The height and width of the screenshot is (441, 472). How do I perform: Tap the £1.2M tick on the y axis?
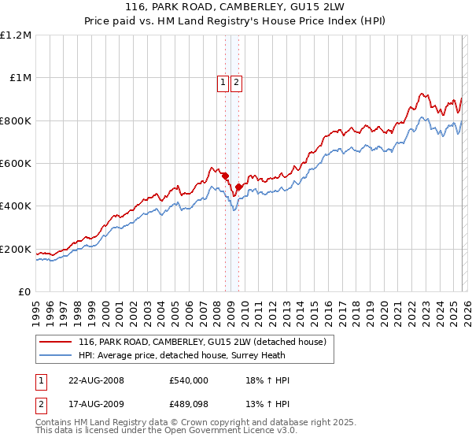tap(16, 35)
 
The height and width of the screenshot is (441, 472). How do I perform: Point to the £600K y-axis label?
tap(16, 164)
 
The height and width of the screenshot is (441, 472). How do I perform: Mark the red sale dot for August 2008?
tap(225, 176)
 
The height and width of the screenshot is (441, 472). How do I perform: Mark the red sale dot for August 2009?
tap(238, 187)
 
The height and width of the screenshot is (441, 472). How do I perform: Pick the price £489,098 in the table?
tap(188, 406)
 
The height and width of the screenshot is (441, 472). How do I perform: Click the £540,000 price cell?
tap(188, 380)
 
